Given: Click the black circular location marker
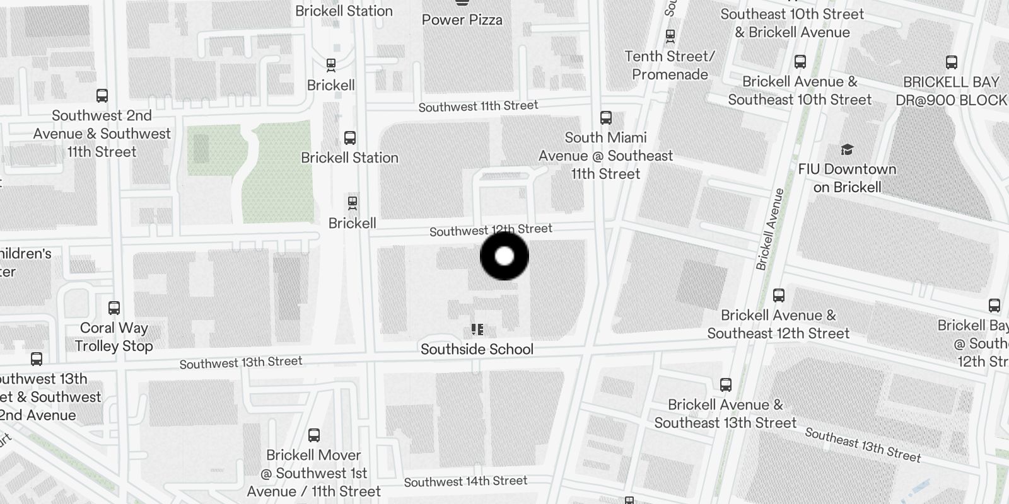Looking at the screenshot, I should pyautogui.click(x=504, y=256).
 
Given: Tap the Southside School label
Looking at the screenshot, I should pyautogui.click(x=477, y=349).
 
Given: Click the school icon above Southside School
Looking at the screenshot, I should pyautogui.click(x=477, y=329).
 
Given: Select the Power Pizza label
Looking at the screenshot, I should pyautogui.click(x=462, y=20).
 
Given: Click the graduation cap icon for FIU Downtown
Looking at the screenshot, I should pyautogui.click(x=847, y=149).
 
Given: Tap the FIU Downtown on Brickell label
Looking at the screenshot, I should pyautogui.click(x=847, y=178).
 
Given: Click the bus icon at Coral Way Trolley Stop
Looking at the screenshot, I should pyautogui.click(x=114, y=308).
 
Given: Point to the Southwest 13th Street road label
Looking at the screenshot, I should pyautogui.click(x=241, y=362).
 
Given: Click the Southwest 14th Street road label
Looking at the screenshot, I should pyautogui.click(x=465, y=481).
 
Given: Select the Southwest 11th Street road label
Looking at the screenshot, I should pyautogui.click(x=478, y=106).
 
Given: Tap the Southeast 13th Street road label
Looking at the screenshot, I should pyautogui.click(x=863, y=445).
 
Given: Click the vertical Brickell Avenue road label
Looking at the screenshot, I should pyautogui.click(x=770, y=229).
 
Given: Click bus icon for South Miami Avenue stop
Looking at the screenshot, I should pyautogui.click(x=606, y=118).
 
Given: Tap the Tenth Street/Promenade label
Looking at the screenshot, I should pyautogui.click(x=670, y=65).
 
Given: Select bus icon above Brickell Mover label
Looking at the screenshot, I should pyautogui.click(x=313, y=435).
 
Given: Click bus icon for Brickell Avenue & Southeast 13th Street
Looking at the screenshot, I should pyautogui.click(x=726, y=385).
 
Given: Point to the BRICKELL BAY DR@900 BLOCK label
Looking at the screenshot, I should pyautogui.click(x=951, y=91).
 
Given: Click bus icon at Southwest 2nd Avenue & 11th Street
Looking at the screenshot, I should pyautogui.click(x=102, y=96).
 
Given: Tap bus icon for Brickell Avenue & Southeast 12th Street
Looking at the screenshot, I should pyautogui.click(x=779, y=295).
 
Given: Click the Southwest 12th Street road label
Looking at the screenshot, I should pyautogui.click(x=491, y=230).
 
